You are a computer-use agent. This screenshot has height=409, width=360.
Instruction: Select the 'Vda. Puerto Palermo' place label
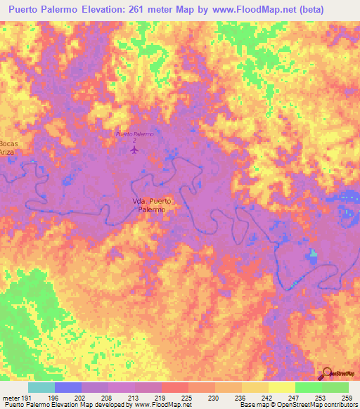tap(152, 205)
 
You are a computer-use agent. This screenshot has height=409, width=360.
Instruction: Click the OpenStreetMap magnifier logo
tap(326, 372)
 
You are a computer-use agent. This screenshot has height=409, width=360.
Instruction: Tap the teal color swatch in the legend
tap(41, 387)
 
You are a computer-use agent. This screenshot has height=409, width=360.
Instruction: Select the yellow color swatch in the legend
tap(281, 387)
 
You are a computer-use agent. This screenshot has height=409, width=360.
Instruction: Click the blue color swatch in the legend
tap(67, 387)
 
